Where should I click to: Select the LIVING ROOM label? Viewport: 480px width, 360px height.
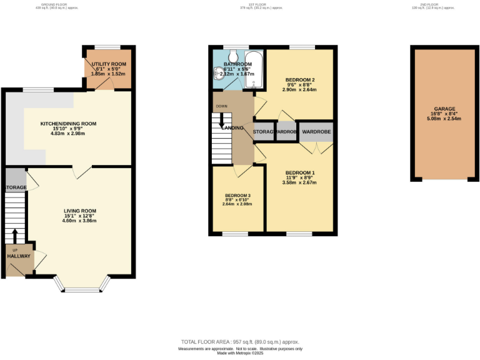click(79, 211)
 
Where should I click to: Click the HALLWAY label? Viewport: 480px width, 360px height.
click(19, 256)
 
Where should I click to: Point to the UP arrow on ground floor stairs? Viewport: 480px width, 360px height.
click(16, 236)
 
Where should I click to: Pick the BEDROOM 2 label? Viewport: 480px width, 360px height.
click(299, 80)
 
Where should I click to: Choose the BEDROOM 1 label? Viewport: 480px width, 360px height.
click(300, 172)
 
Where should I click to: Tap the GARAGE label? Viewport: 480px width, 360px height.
click(444, 109)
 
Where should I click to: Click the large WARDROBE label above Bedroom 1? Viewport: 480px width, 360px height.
click(316, 132)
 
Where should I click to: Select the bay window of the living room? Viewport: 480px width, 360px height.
click(83, 288)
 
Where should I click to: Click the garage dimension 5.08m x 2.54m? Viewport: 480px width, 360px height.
click(444, 119)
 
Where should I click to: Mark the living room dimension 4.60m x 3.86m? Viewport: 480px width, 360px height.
click(79, 221)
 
